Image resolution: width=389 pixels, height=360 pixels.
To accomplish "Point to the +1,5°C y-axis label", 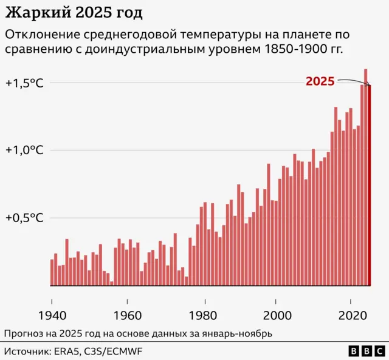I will pyautogui.click(x=24, y=83).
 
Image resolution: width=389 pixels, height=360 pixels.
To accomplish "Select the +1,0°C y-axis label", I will pyautogui.click(x=24, y=150).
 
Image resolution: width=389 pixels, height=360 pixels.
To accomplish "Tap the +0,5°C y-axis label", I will pyautogui.click(x=24, y=217).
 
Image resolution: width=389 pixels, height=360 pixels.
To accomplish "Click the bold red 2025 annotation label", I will pyautogui.click(x=320, y=81).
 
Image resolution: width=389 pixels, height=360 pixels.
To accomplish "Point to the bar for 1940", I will pyautogui.click(x=52, y=272).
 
